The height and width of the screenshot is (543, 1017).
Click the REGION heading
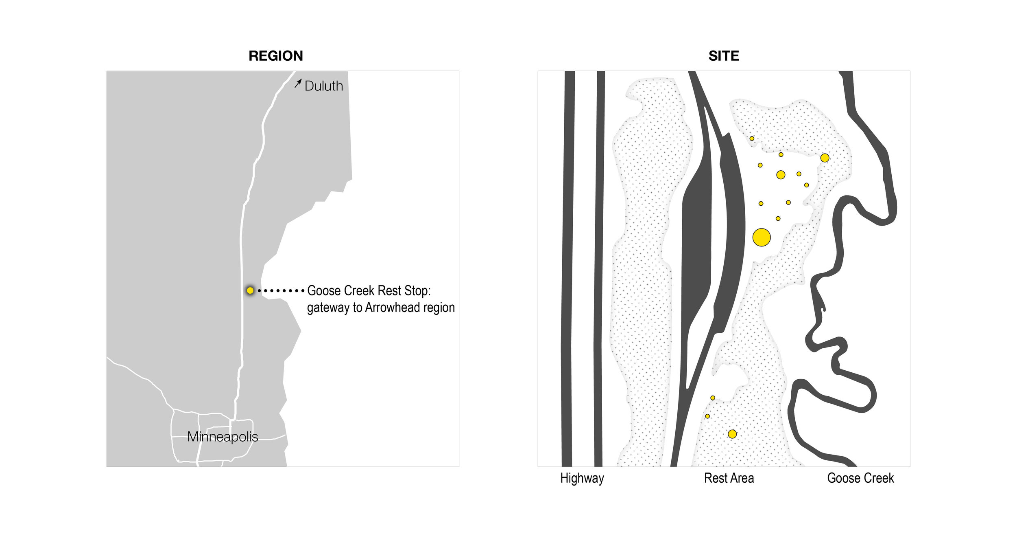tap(276, 56)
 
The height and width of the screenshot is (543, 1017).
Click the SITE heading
tap(724, 56)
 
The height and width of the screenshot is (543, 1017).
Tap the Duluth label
tap(324, 86)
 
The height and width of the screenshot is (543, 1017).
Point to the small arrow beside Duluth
tap(298, 84)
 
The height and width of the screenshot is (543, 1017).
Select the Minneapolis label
tap(223, 437)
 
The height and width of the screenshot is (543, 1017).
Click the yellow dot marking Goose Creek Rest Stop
tap(250, 290)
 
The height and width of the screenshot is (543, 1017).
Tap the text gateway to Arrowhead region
tap(381, 308)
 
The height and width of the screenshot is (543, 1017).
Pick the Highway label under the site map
tap(582, 478)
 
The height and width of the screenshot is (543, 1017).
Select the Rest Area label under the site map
tap(729, 478)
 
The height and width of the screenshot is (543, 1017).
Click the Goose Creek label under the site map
tap(860, 478)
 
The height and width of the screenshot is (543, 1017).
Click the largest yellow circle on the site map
tap(762, 237)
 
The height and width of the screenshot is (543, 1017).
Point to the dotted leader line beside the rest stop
tap(281, 291)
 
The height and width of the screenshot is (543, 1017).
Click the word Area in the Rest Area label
tap(742, 478)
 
